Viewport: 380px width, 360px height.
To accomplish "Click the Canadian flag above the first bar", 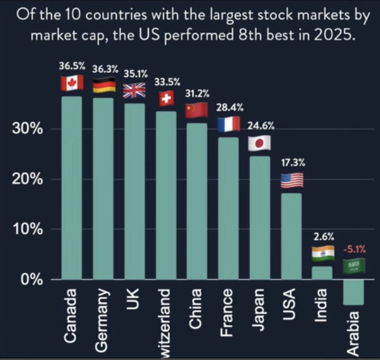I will pyautogui.click(x=72, y=83).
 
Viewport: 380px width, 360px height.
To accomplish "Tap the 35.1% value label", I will pyautogui.click(x=136, y=73).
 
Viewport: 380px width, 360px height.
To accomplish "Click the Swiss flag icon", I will pyautogui.click(x=166, y=99).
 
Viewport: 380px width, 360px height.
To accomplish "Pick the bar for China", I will pyautogui.click(x=197, y=201).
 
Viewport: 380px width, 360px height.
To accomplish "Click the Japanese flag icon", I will pyautogui.click(x=259, y=143).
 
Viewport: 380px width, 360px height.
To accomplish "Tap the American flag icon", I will pyautogui.click(x=292, y=180).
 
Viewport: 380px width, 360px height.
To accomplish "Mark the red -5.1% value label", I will pyautogui.click(x=354, y=249).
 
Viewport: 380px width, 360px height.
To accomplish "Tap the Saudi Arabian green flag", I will pyautogui.click(x=354, y=266).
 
